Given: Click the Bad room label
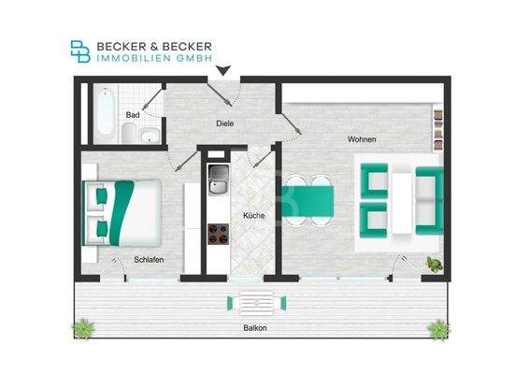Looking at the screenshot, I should click(134, 115).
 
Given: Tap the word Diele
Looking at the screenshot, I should click(223, 122).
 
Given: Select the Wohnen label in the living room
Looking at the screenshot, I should click(361, 139).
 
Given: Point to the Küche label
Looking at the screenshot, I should click(252, 216).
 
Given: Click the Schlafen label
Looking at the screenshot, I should click(150, 260).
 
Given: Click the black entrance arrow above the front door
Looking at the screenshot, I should click(223, 69).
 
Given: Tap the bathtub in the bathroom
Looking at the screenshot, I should click(104, 114).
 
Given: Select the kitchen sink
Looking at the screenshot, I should click(218, 179).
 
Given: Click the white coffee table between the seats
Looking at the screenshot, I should click(403, 199).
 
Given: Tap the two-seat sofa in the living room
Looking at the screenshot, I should click(430, 200).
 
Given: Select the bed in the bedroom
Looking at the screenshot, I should click(122, 211).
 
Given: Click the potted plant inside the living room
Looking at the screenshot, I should click(433, 265).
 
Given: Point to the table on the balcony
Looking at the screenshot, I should click(253, 302).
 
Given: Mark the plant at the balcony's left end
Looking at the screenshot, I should click(84, 327).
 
